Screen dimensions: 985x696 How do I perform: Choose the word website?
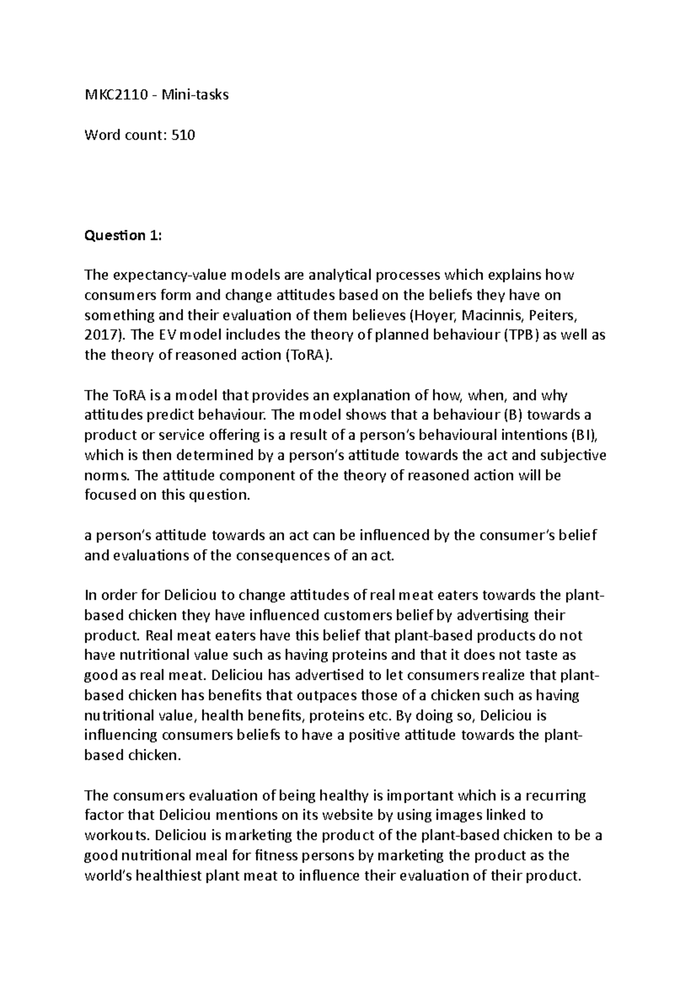click(343, 815)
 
